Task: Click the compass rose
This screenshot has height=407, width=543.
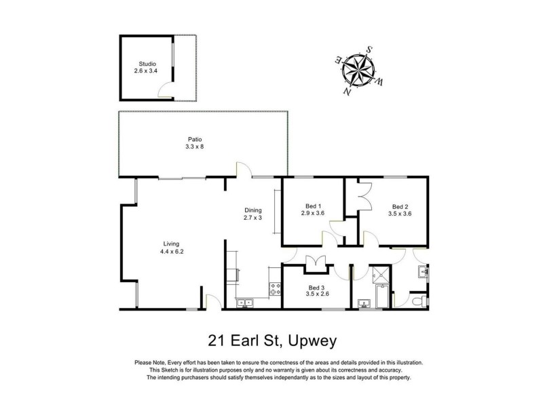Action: [360, 69]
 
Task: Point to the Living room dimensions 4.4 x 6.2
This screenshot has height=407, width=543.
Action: [171, 252]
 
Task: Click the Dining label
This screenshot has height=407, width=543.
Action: [252, 210]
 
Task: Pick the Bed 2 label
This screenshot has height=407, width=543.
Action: [400, 206]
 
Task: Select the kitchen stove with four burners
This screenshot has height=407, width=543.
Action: [276, 288]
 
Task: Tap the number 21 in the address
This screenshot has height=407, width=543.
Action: [216, 340]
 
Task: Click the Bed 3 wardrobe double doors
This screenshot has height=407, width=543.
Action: [316, 262]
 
